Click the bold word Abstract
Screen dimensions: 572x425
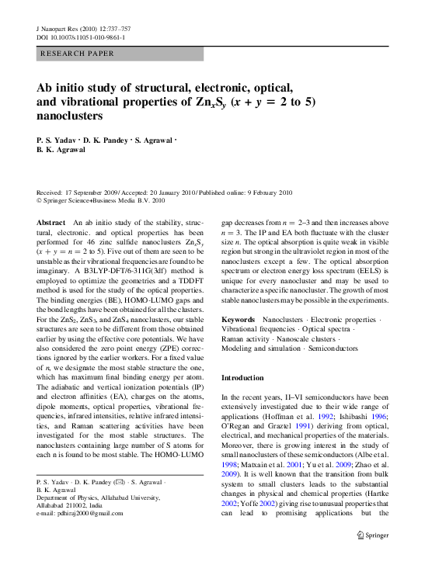coord(51,223)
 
